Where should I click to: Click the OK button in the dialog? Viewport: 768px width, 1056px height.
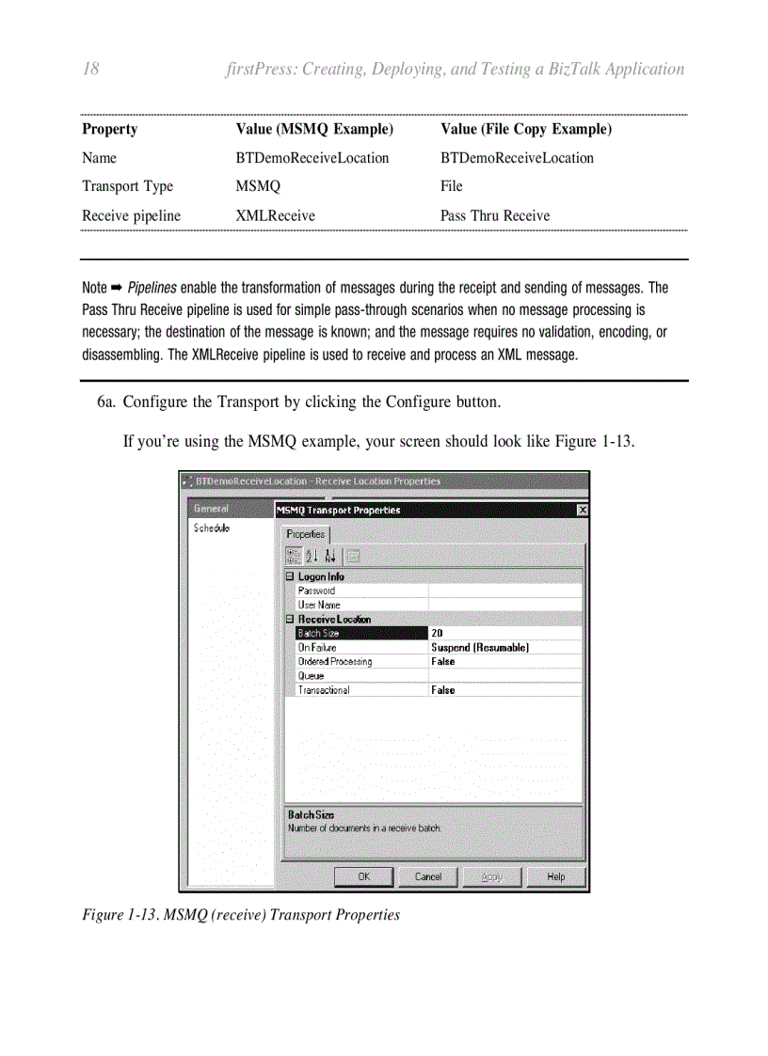click(x=363, y=876)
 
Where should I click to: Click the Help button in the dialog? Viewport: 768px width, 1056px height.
click(x=556, y=876)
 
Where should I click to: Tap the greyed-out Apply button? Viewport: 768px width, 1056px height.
click(x=491, y=876)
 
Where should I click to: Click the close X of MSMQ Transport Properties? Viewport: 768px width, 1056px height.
click(x=582, y=510)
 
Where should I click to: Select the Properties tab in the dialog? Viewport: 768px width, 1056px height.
click(x=305, y=533)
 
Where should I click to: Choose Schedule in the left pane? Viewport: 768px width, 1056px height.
click(x=212, y=528)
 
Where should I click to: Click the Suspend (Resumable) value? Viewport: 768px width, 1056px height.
click(x=480, y=648)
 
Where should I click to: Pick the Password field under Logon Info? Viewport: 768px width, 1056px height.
click(x=316, y=591)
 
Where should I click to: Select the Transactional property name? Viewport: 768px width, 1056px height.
click(x=324, y=690)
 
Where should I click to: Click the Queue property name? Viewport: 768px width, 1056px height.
click(x=312, y=676)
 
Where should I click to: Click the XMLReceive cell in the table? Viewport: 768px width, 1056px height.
click(x=275, y=215)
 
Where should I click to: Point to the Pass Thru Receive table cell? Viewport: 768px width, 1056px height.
click(x=495, y=215)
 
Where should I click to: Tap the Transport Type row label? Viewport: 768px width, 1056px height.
click(x=128, y=186)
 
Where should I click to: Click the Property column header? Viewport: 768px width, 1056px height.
click(x=109, y=129)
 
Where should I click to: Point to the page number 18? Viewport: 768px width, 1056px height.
click(x=91, y=69)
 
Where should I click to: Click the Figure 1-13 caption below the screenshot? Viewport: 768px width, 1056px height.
click(x=241, y=914)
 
